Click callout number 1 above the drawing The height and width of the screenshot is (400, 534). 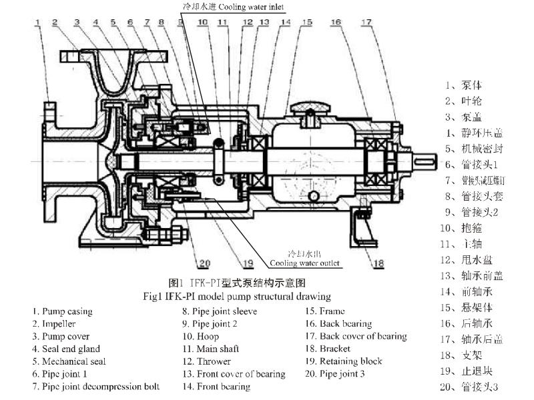(x=38, y=22)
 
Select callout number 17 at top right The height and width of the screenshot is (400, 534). (x=366, y=22)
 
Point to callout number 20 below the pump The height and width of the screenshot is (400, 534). (x=204, y=262)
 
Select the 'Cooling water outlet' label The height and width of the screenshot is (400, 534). (x=304, y=263)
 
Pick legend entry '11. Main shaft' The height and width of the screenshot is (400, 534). (x=210, y=349)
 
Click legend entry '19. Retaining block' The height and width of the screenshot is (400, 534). (x=344, y=361)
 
